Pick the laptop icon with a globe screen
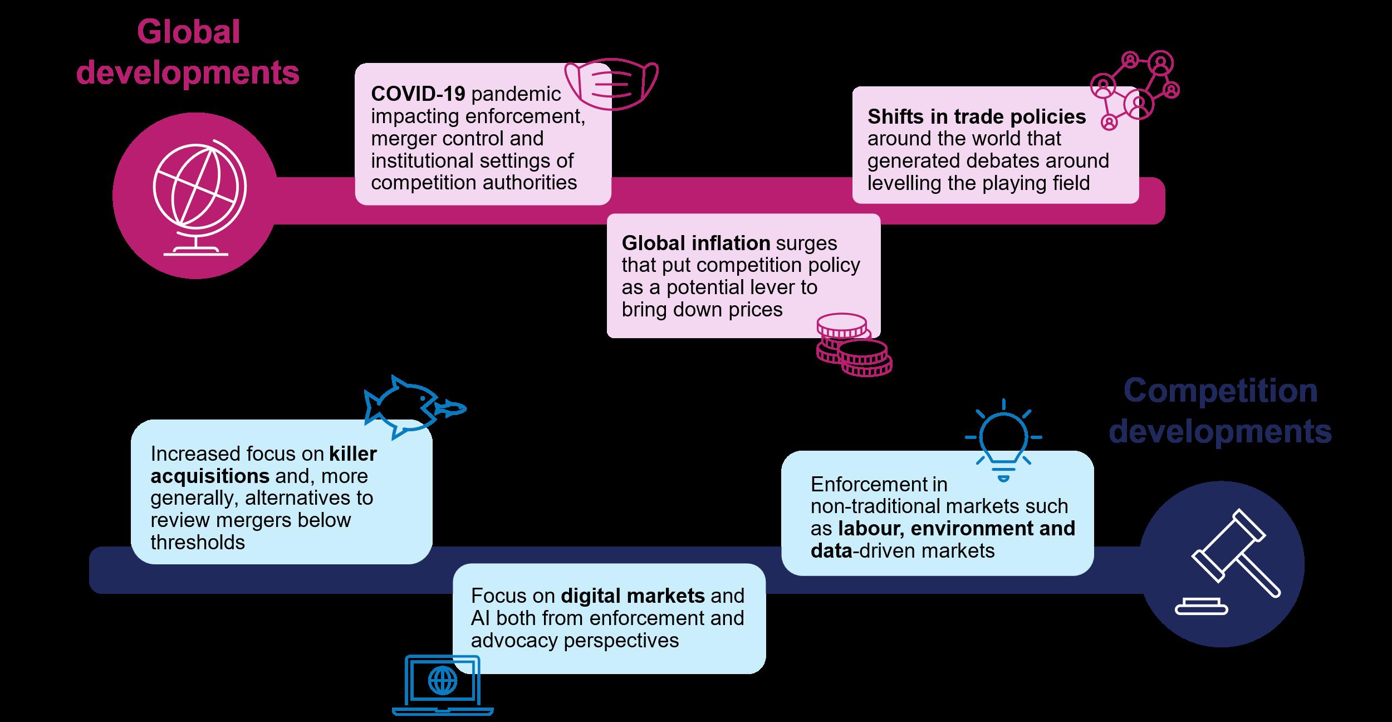pos(443,685)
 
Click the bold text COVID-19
pos(418,94)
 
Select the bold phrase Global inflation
pos(695,243)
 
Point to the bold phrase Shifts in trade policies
pos(976,116)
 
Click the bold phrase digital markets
pos(633,596)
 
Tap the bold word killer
pos(352,454)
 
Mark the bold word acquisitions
pos(210,476)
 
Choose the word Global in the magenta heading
pos(188,32)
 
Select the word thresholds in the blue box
pos(197,542)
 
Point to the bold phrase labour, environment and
pos(957,528)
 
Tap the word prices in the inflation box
pos(756,309)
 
